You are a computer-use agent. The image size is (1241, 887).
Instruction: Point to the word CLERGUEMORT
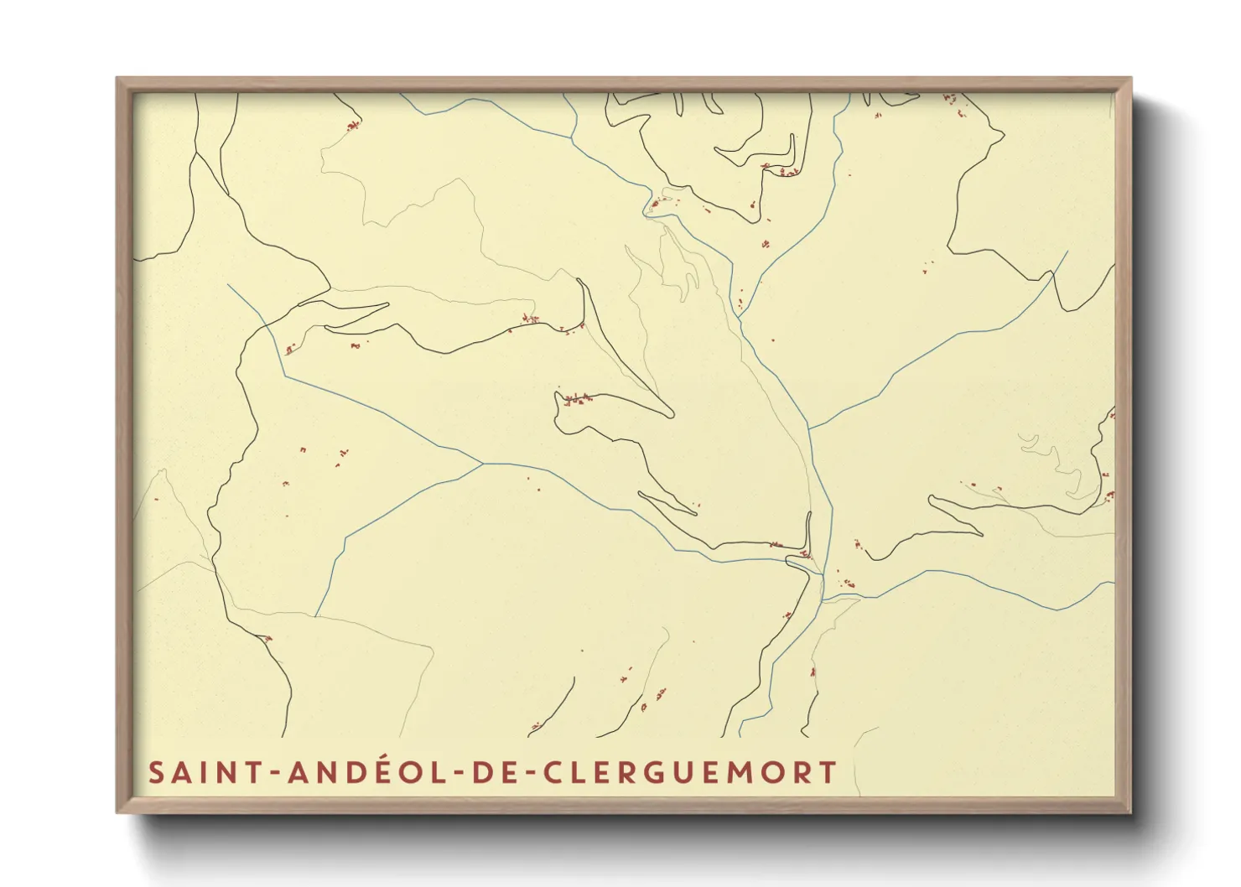tap(689, 772)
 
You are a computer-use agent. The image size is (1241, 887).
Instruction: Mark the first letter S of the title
tap(157, 772)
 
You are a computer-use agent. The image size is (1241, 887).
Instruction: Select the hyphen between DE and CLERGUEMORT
tap(529, 774)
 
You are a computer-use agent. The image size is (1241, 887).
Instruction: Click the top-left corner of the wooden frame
tap(117, 79)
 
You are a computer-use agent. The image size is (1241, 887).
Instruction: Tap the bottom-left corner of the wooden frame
tap(117, 812)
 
